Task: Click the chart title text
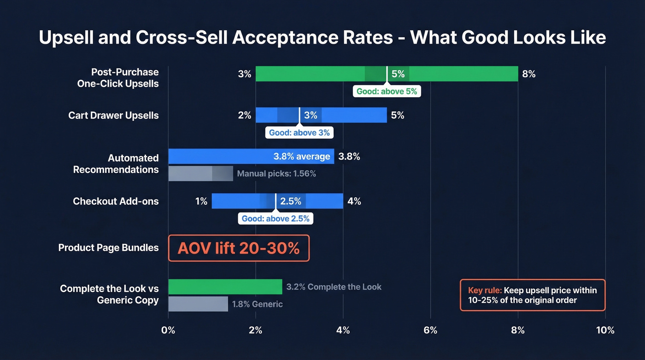(x=322, y=37)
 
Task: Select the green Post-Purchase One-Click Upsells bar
(x=313, y=74)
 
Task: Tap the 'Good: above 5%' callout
(x=387, y=91)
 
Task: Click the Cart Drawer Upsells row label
(x=113, y=115)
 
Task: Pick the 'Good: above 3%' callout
(x=299, y=133)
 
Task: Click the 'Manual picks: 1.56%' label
(x=276, y=174)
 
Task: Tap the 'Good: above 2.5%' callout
(x=276, y=218)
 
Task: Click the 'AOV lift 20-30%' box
(x=239, y=248)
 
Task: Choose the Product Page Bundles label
(x=108, y=248)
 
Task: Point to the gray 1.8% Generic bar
(x=198, y=304)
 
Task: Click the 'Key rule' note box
(x=533, y=295)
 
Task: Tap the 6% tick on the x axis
(x=430, y=330)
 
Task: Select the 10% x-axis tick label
(x=605, y=330)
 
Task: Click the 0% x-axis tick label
(x=168, y=330)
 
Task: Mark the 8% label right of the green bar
(x=528, y=74)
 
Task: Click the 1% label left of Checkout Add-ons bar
(x=201, y=201)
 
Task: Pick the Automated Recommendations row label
(x=116, y=164)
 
